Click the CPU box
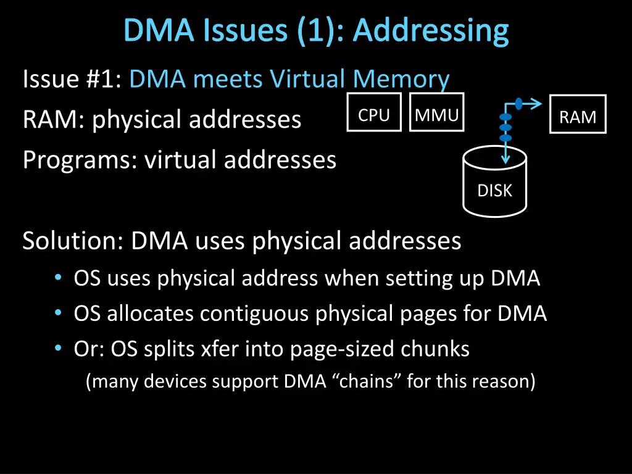pyautogui.click(x=374, y=113)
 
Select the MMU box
pyautogui.click(x=436, y=113)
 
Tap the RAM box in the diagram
pyautogui.click(x=578, y=115)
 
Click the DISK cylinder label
pyautogui.click(x=494, y=191)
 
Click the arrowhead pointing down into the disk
pyautogui.click(x=506, y=159)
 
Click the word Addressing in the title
pyautogui.click(x=431, y=30)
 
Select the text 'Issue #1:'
pyautogui.click(x=73, y=79)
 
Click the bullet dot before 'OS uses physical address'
pyautogui.click(x=57, y=279)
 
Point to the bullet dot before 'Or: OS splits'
pyautogui.click(x=57, y=349)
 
